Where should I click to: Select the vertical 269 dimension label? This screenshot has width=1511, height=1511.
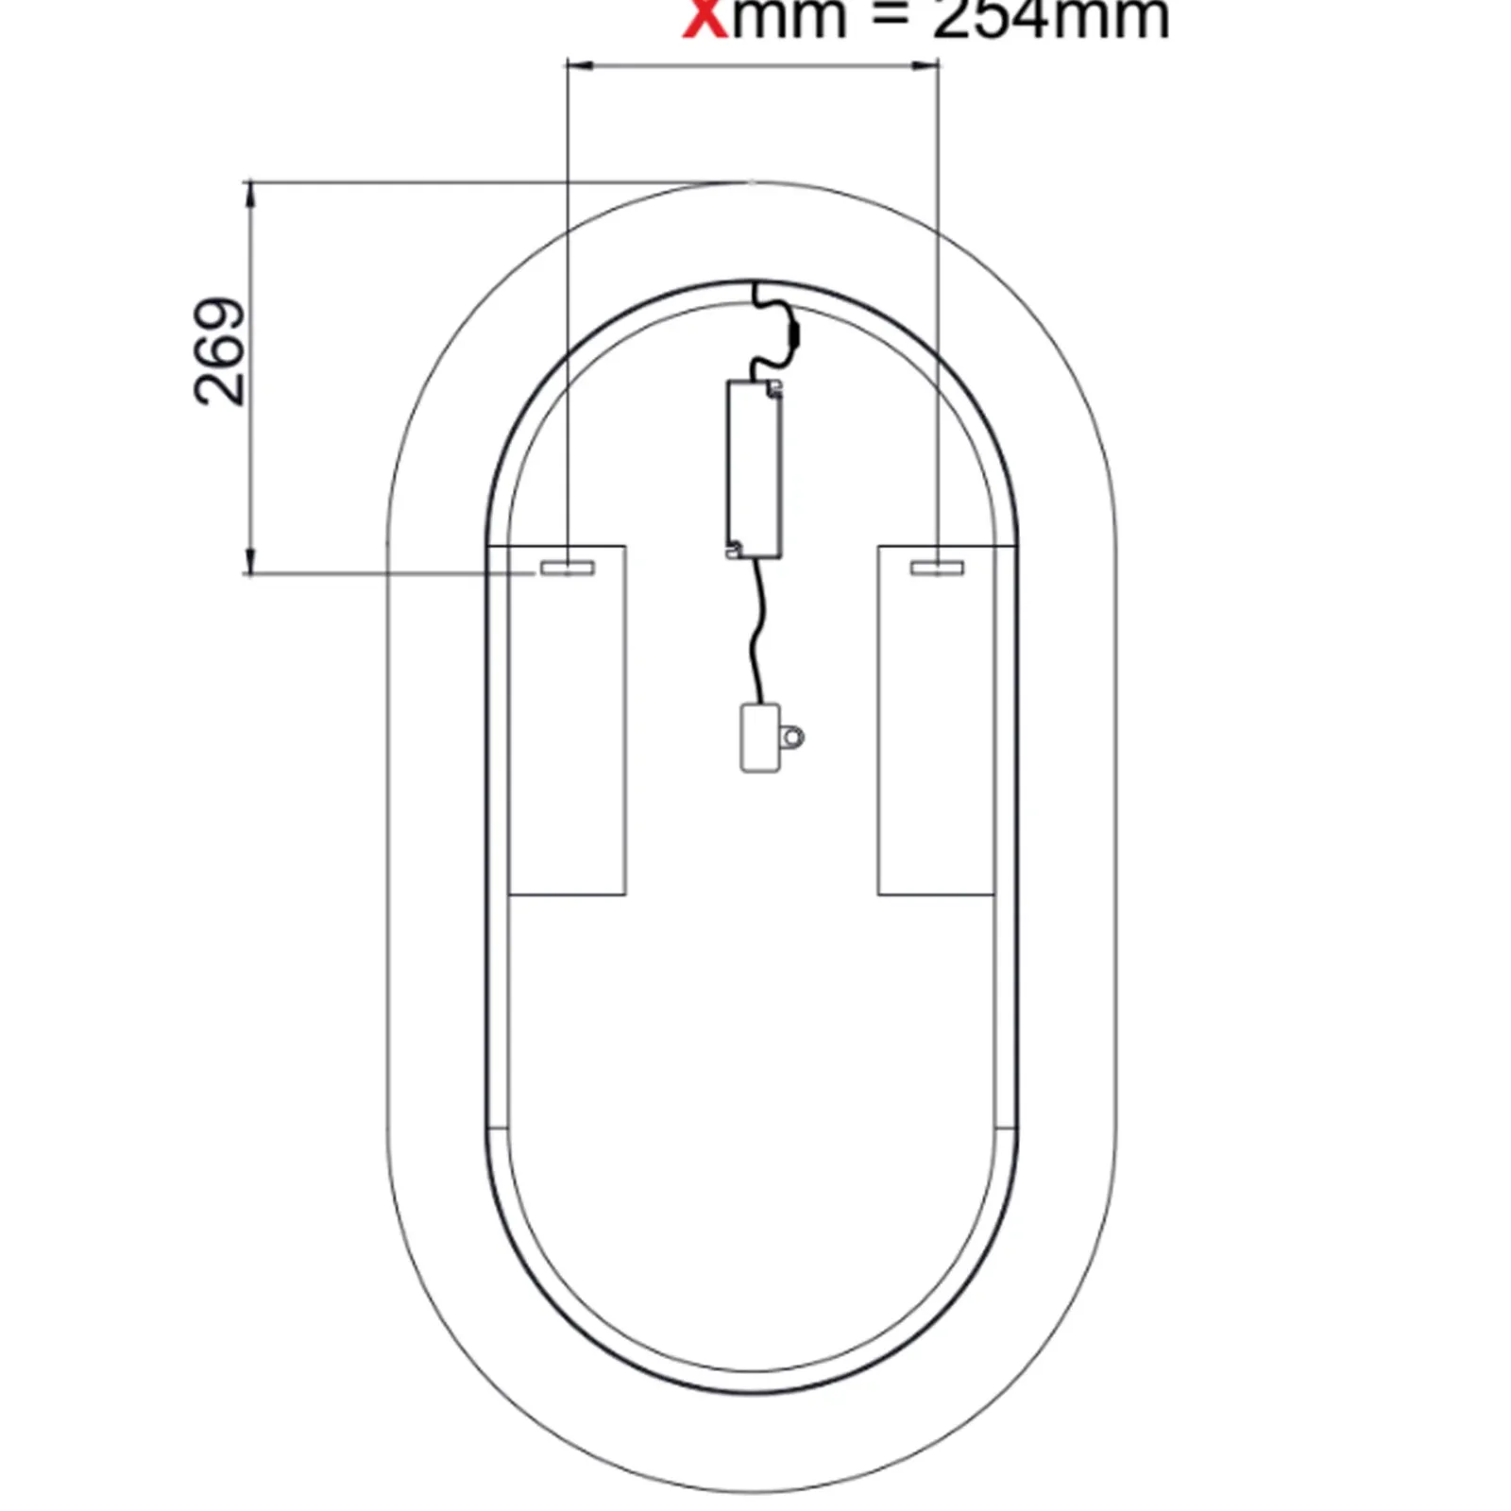219,351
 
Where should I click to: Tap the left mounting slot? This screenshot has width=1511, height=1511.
566,568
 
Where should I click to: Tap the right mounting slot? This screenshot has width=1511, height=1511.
937,567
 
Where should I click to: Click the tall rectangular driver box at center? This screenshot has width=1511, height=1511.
755,468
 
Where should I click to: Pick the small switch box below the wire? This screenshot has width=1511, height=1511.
759,738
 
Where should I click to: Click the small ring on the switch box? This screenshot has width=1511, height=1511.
793,737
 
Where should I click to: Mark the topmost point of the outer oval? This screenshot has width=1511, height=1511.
753,181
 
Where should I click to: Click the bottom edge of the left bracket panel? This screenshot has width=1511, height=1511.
567,894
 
